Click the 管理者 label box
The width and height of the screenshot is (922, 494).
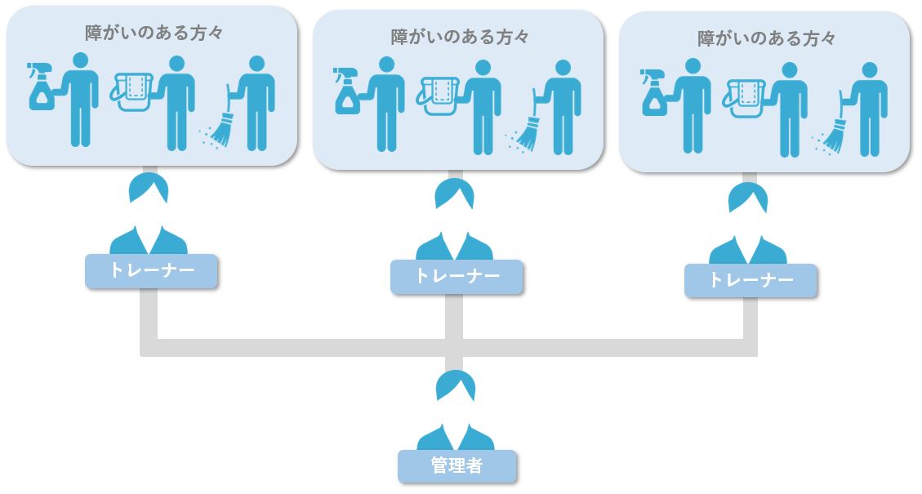[x=457, y=466]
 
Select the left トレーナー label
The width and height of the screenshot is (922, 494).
[x=151, y=271]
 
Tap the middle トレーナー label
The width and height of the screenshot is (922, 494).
[x=457, y=276]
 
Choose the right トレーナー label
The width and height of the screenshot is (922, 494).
[x=750, y=280]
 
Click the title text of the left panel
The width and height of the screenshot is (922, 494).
[x=154, y=33]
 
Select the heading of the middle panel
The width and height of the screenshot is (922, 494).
[x=460, y=37]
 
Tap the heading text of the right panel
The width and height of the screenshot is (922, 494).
[x=766, y=38]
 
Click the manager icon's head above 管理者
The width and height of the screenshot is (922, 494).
[x=456, y=385]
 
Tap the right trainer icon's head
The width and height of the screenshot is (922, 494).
[x=748, y=198]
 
